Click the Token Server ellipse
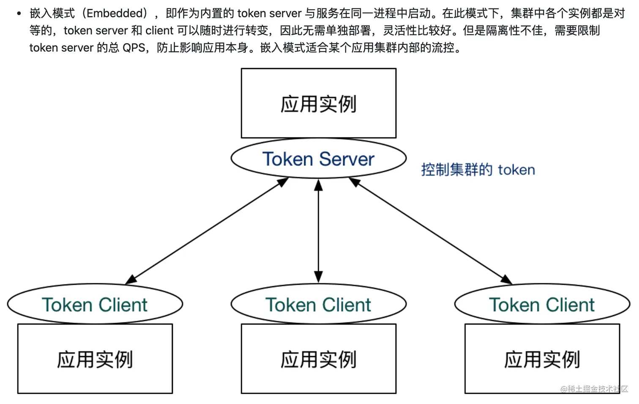318,159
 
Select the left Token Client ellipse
95,304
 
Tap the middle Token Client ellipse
318,304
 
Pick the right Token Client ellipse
542,304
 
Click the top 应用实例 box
318,104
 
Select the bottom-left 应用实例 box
95,359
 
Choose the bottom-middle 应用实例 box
318,359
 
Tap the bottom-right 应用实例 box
542,359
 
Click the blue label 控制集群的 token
478,170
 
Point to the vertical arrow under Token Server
318,231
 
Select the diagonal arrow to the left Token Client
207,231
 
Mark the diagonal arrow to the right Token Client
430,231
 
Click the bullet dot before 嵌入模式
19,14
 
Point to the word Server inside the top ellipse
347,159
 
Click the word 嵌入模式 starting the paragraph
52,14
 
